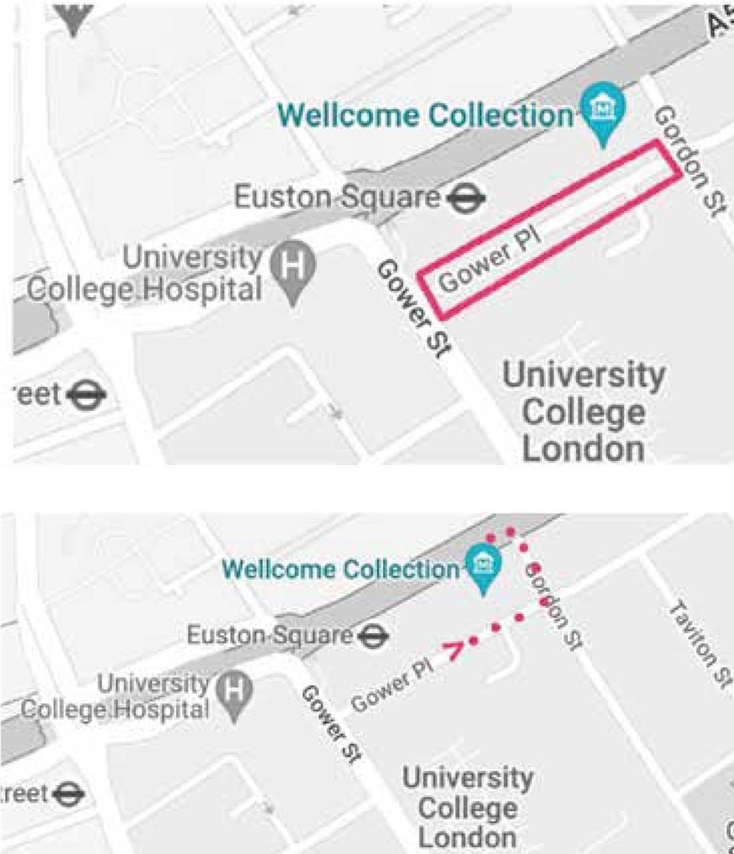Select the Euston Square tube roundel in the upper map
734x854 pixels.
(x=466, y=198)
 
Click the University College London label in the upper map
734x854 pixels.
(x=583, y=411)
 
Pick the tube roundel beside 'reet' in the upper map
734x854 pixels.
(x=86, y=395)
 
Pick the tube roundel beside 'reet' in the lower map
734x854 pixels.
(x=69, y=793)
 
